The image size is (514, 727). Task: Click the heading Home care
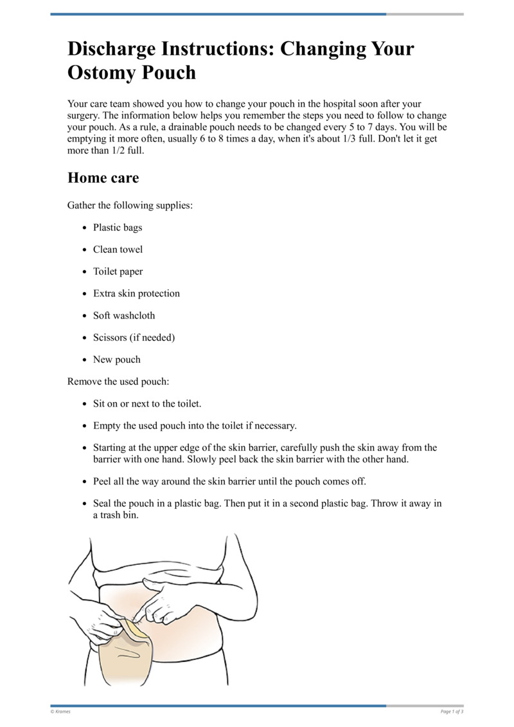(x=103, y=178)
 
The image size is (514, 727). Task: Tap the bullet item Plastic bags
(x=118, y=228)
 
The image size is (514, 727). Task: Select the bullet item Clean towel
(x=118, y=250)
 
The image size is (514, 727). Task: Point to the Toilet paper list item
(x=118, y=271)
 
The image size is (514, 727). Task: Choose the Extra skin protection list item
(x=136, y=293)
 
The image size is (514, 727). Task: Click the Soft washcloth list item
(x=124, y=315)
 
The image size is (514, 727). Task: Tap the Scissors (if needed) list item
(x=134, y=337)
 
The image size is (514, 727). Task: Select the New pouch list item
(x=116, y=360)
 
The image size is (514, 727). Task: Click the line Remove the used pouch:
(x=118, y=382)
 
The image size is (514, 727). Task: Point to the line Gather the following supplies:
(x=130, y=206)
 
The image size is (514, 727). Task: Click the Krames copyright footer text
(x=60, y=712)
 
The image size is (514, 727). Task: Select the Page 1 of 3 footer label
(x=452, y=712)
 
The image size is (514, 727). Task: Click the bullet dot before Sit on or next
(x=85, y=404)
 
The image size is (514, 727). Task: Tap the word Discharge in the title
(x=113, y=49)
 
